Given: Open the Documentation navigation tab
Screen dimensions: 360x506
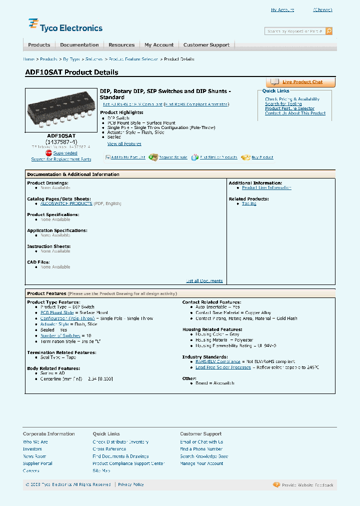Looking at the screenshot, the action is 79,45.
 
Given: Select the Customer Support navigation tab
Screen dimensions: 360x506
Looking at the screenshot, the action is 206,45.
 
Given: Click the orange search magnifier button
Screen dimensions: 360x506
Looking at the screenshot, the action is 329,31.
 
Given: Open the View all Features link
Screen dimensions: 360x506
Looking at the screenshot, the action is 124,144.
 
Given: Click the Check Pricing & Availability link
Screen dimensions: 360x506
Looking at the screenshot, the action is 292,99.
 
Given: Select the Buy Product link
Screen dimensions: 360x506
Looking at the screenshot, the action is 262,157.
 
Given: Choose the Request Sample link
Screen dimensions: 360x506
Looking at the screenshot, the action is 173,157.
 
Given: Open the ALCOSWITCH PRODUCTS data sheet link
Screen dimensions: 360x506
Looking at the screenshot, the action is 66,203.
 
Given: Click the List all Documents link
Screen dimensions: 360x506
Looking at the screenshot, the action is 204,281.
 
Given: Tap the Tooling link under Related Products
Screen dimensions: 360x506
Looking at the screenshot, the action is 249,203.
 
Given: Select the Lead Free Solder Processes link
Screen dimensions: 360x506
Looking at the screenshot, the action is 223,367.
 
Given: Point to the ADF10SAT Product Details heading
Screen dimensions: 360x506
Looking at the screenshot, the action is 71,72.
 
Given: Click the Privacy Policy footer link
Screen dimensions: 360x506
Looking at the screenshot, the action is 131,484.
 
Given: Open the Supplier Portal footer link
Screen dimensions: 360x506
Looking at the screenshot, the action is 37,463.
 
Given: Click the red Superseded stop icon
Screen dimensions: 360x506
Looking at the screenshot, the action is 49,153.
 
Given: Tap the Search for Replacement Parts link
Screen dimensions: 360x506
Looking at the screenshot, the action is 61,159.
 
